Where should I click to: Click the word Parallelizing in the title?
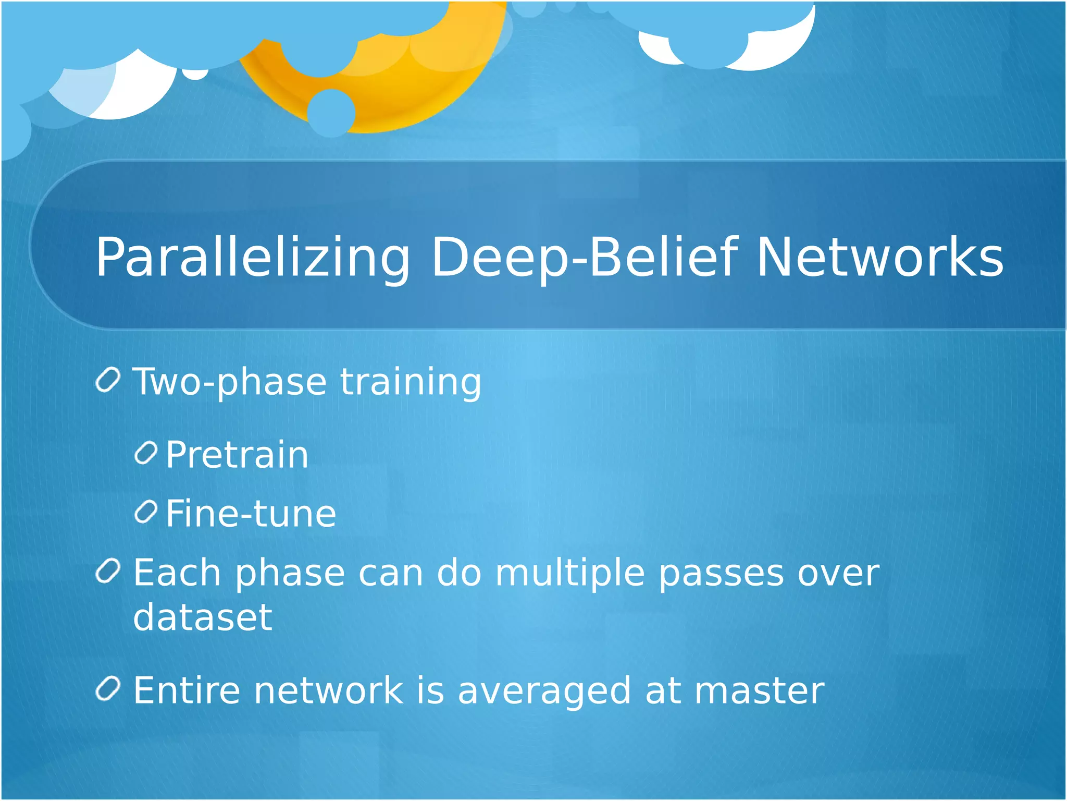point(253,258)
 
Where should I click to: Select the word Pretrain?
point(237,455)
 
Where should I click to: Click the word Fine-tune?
point(251,514)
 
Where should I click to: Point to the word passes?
point(721,574)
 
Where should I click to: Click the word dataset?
point(203,617)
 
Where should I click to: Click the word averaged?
point(544,691)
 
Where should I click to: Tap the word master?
point(759,690)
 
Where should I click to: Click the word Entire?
point(187,690)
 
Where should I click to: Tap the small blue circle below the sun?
point(331,113)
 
